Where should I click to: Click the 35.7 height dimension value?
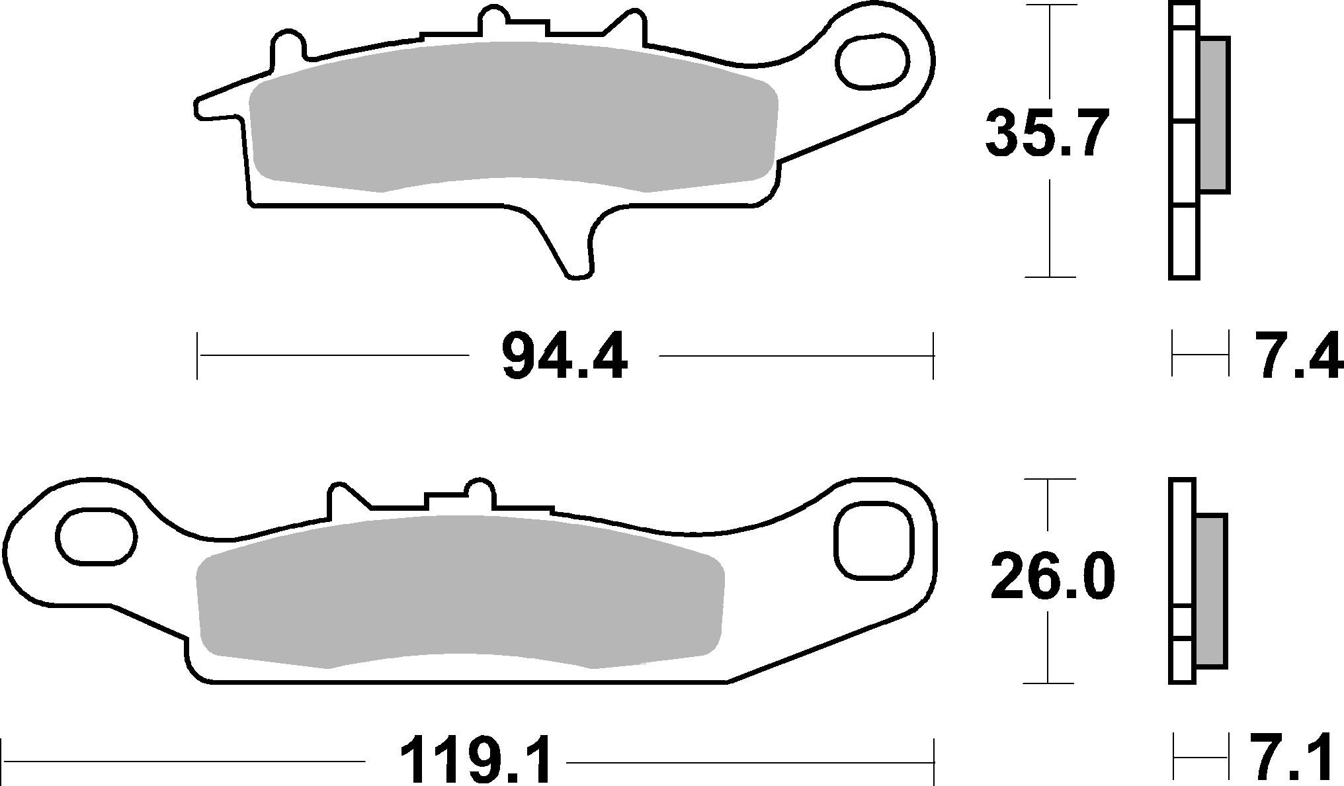coord(1046,134)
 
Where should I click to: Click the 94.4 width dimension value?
coord(564,357)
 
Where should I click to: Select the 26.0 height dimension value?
coord(1052,577)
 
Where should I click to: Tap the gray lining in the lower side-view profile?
coord(1212,589)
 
